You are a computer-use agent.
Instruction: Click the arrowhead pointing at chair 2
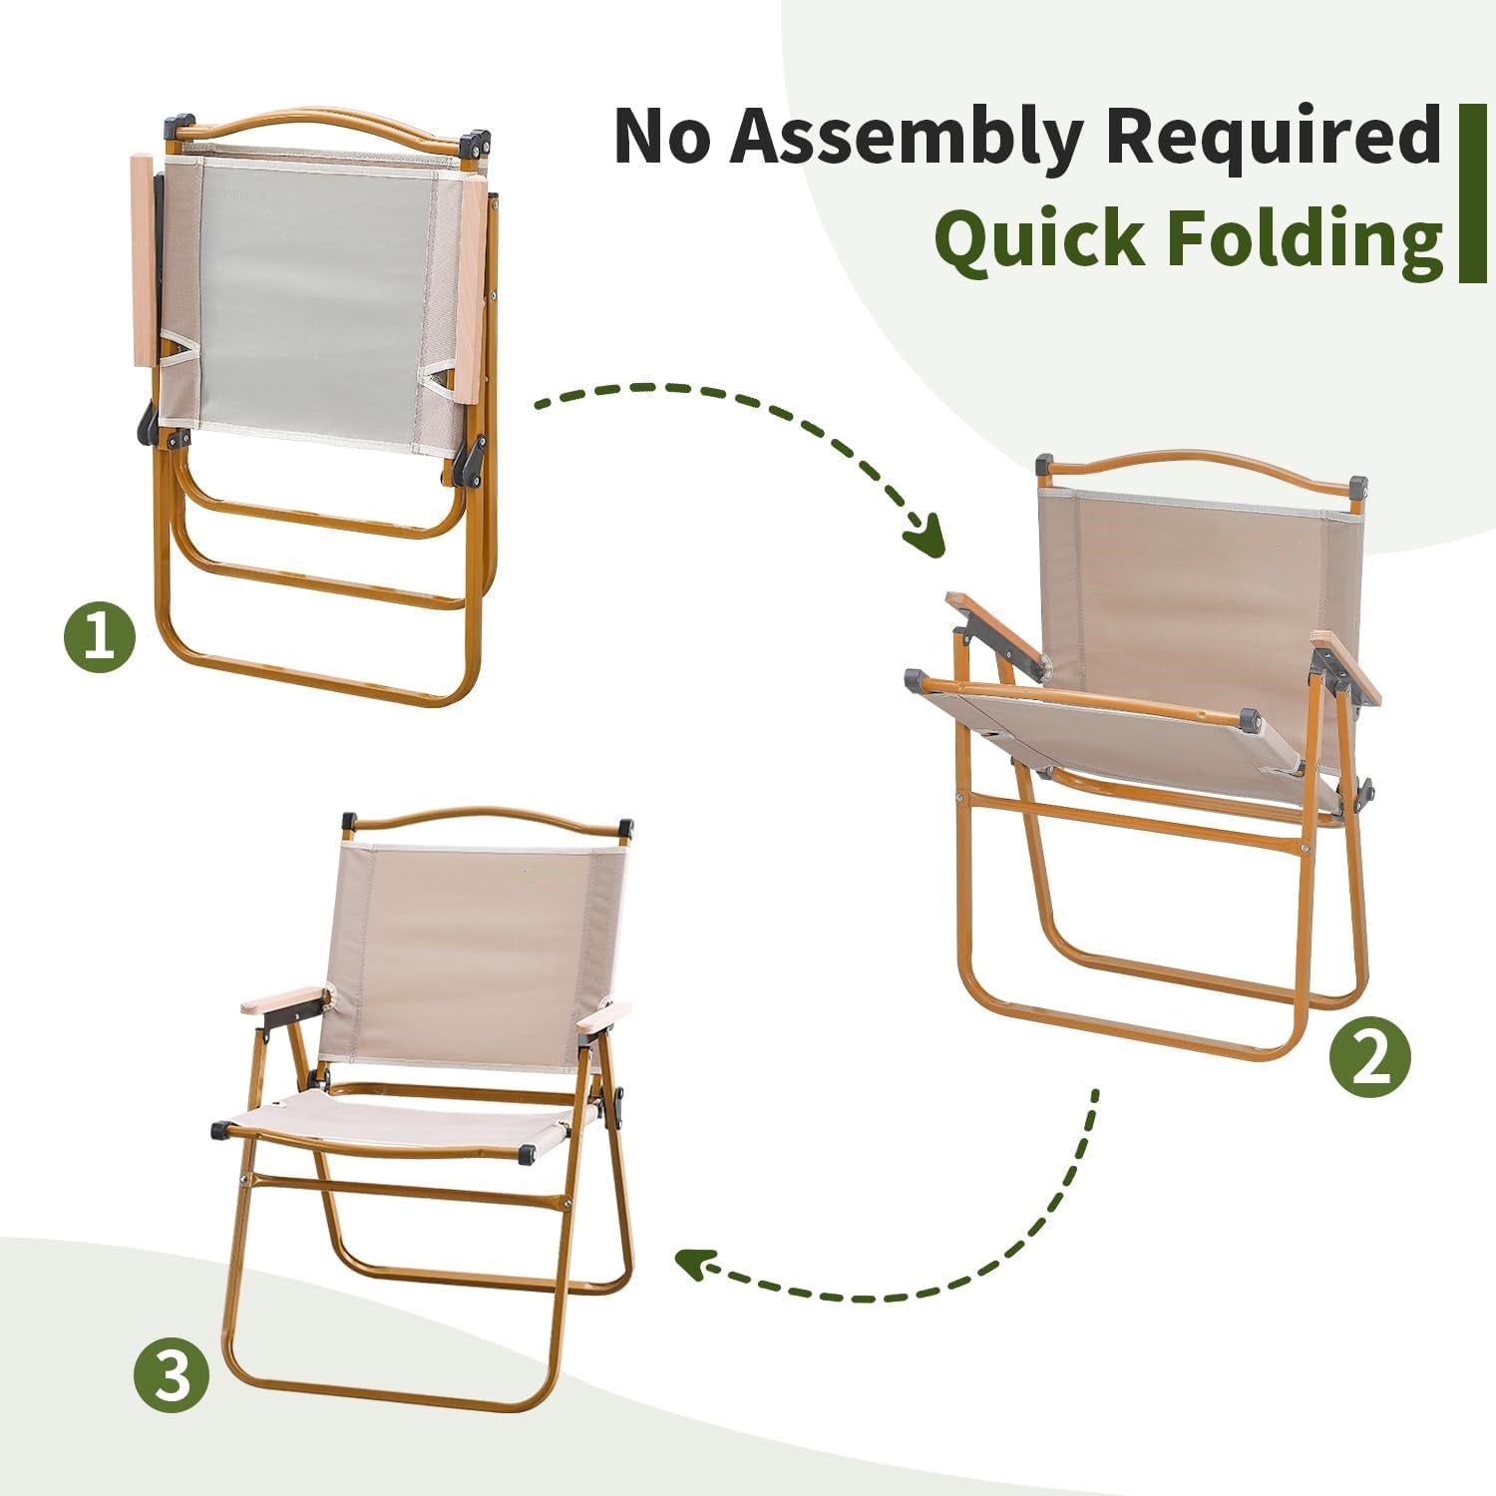[926, 537]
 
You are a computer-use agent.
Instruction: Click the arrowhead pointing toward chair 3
[695, 1263]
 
